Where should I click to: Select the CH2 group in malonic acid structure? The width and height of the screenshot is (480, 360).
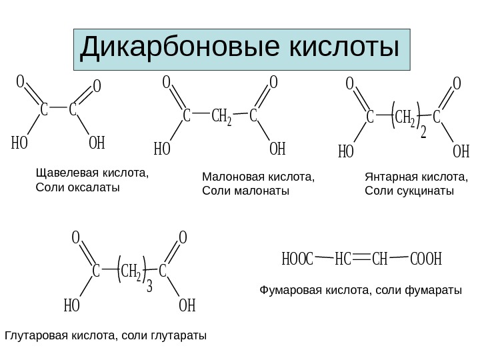[x=221, y=118]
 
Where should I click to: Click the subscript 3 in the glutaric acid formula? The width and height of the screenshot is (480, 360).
[x=149, y=287]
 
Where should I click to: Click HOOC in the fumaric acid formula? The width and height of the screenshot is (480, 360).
[x=297, y=258]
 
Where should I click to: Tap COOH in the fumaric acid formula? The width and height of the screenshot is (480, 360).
[x=426, y=258]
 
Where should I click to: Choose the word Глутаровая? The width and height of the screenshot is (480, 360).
[x=37, y=334]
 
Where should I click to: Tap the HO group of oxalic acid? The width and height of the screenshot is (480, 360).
[x=20, y=143]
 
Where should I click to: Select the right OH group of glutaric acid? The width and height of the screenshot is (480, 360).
[x=187, y=306]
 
